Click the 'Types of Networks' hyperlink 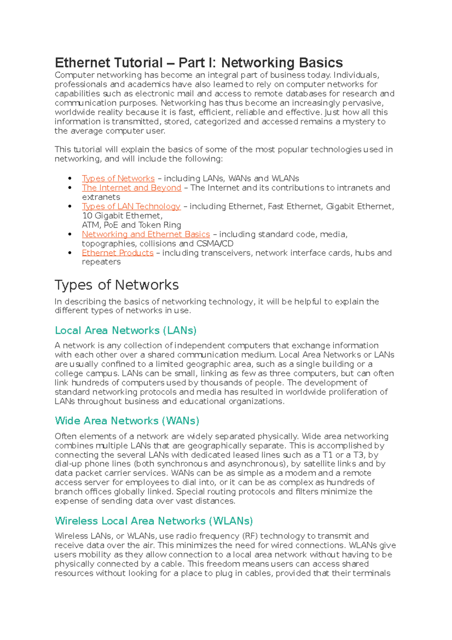click(x=118, y=178)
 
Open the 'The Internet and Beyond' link click(x=131, y=188)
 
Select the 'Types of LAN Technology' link click(x=131, y=207)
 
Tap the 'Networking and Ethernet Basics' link click(x=146, y=234)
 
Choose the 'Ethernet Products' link click(x=118, y=253)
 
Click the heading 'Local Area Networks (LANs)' click(x=125, y=331)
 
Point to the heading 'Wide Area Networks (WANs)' click(x=127, y=421)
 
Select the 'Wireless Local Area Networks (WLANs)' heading click(x=154, y=521)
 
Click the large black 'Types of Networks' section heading click(x=116, y=285)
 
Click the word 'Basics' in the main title click(x=321, y=63)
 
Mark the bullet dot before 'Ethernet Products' click(x=70, y=253)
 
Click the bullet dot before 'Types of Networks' click(x=70, y=178)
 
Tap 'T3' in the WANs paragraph click(x=359, y=455)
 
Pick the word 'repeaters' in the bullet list click(x=101, y=262)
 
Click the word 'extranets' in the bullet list click(x=101, y=197)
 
